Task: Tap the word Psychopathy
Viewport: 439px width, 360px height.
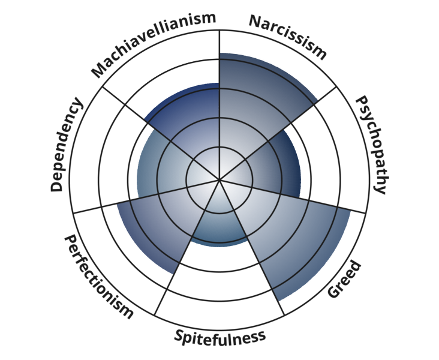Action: click(x=370, y=145)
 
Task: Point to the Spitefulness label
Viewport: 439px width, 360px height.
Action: click(x=220, y=337)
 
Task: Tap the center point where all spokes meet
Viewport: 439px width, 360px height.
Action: click(x=220, y=179)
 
